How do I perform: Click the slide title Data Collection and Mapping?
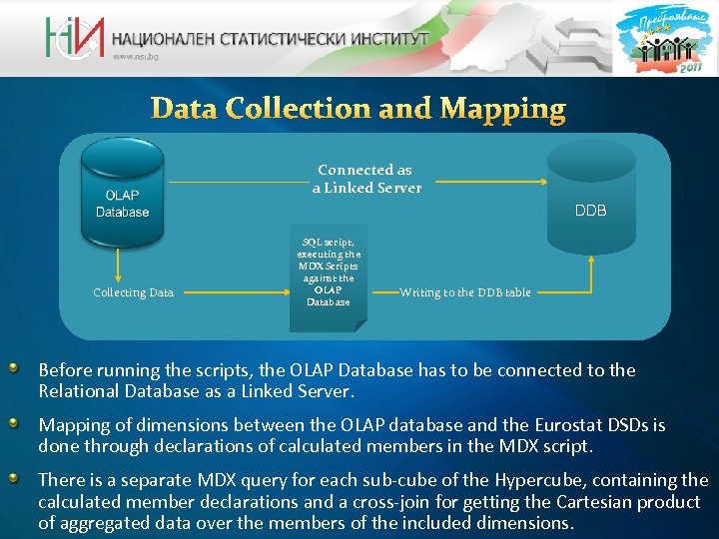tap(359, 108)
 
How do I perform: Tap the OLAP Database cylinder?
tap(122, 194)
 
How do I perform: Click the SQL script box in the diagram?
tap(329, 271)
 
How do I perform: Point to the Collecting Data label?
tap(133, 292)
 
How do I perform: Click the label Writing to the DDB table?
tap(465, 292)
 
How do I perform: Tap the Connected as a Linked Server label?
tap(365, 179)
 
